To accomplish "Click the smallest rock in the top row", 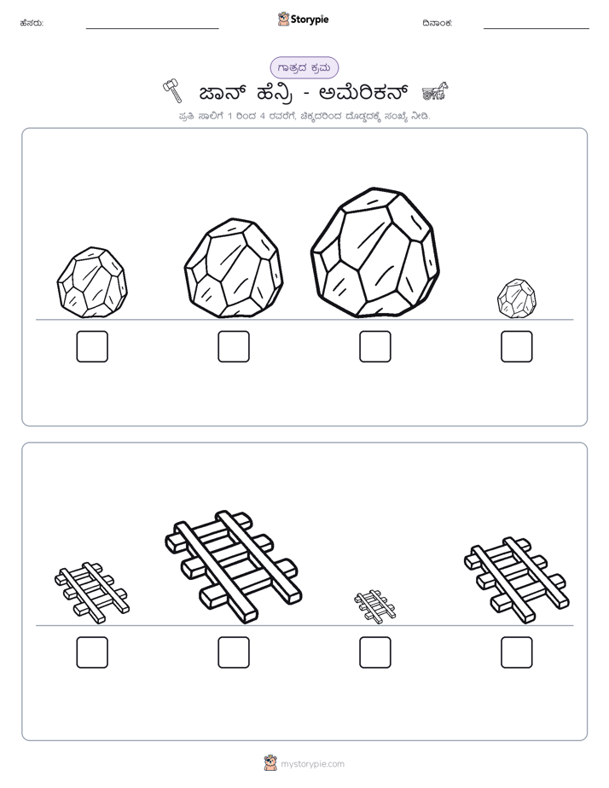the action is tap(517, 298).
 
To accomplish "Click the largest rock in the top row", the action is tap(374, 252).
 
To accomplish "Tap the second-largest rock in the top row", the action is tap(233, 269).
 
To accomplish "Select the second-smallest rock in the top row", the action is tap(92, 282).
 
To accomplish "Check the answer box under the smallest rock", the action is tap(517, 346).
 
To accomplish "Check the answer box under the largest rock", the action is tap(374, 346).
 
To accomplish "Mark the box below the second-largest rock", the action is tap(234, 346).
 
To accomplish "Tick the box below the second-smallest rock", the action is tap(92, 346).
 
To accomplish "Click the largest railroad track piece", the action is tap(233, 567).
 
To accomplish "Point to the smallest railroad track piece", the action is tap(374, 606).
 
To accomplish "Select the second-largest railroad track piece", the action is tap(517, 580).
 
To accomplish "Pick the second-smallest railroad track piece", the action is tap(92, 593).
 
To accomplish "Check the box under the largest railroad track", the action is tap(234, 652).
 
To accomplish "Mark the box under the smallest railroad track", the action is tap(374, 652).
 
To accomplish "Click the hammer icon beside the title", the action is tap(171, 91).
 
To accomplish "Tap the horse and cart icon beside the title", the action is tap(435, 91).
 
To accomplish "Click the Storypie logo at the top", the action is tap(303, 19).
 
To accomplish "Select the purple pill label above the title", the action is tap(304, 67).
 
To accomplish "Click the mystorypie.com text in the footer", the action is tap(312, 764).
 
